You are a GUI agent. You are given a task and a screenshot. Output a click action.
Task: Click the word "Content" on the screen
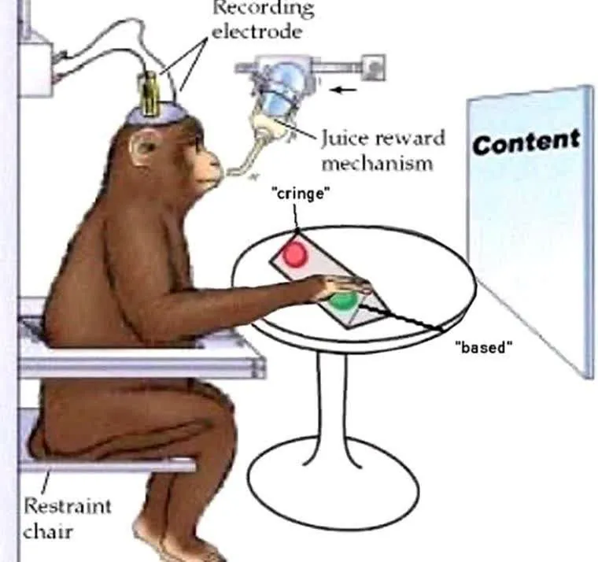pos(526,143)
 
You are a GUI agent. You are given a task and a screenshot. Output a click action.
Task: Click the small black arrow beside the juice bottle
pos(344,89)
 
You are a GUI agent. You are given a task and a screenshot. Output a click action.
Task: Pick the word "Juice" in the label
pos(345,139)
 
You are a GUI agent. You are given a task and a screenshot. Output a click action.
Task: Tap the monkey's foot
pos(169,543)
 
